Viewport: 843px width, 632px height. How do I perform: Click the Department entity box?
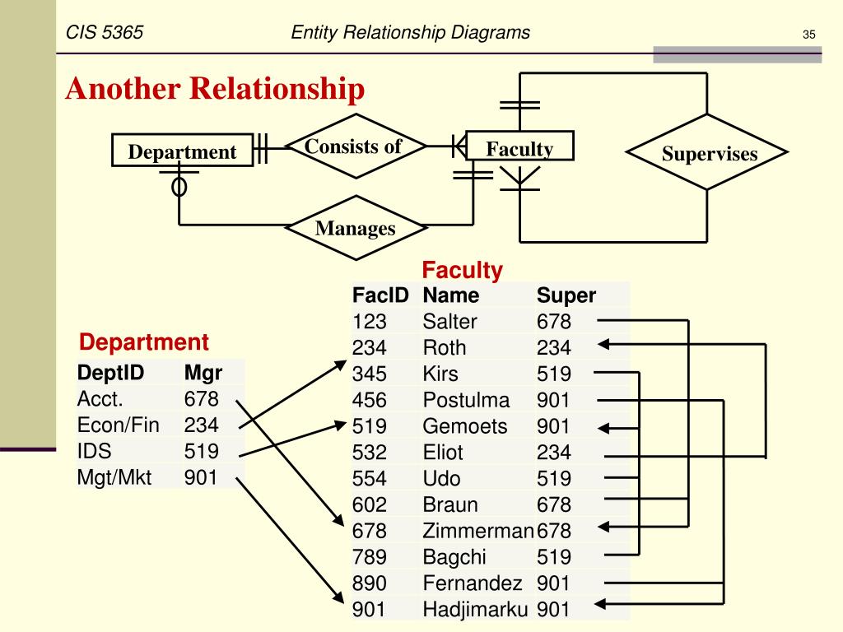point(182,151)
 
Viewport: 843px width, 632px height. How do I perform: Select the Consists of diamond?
point(355,147)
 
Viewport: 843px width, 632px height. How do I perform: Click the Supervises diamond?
point(708,153)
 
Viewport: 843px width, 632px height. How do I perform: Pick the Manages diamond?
point(355,228)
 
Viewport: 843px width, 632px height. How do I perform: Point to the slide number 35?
point(808,35)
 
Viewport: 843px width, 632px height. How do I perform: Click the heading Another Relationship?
point(215,89)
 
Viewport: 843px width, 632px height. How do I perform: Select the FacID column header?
point(380,295)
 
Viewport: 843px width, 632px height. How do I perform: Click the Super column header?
point(566,295)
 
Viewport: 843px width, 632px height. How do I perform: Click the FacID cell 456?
point(370,401)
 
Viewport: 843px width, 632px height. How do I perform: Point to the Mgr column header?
point(203,373)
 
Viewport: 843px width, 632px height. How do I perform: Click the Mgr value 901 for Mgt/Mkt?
point(202,477)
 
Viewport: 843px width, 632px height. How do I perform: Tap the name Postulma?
point(466,401)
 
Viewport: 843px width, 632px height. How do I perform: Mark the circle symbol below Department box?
point(179,187)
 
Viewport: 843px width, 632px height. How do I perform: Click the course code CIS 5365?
point(105,33)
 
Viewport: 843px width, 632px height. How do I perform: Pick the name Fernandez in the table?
point(473,583)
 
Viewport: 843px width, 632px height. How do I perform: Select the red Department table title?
point(144,342)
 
